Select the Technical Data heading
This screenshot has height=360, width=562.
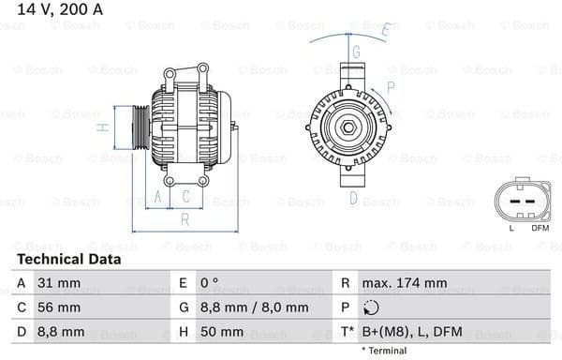click(69, 259)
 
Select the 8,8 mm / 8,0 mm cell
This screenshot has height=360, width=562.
click(256, 307)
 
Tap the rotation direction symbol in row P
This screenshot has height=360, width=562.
click(372, 307)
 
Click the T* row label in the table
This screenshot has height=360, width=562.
click(347, 331)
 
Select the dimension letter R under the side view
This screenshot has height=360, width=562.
click(185, 218)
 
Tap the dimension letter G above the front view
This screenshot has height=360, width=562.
click(357, 51)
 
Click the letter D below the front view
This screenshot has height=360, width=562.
click(353, 197)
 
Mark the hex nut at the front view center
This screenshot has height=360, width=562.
click(347, 127)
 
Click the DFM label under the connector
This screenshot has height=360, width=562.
click(540, 228)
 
